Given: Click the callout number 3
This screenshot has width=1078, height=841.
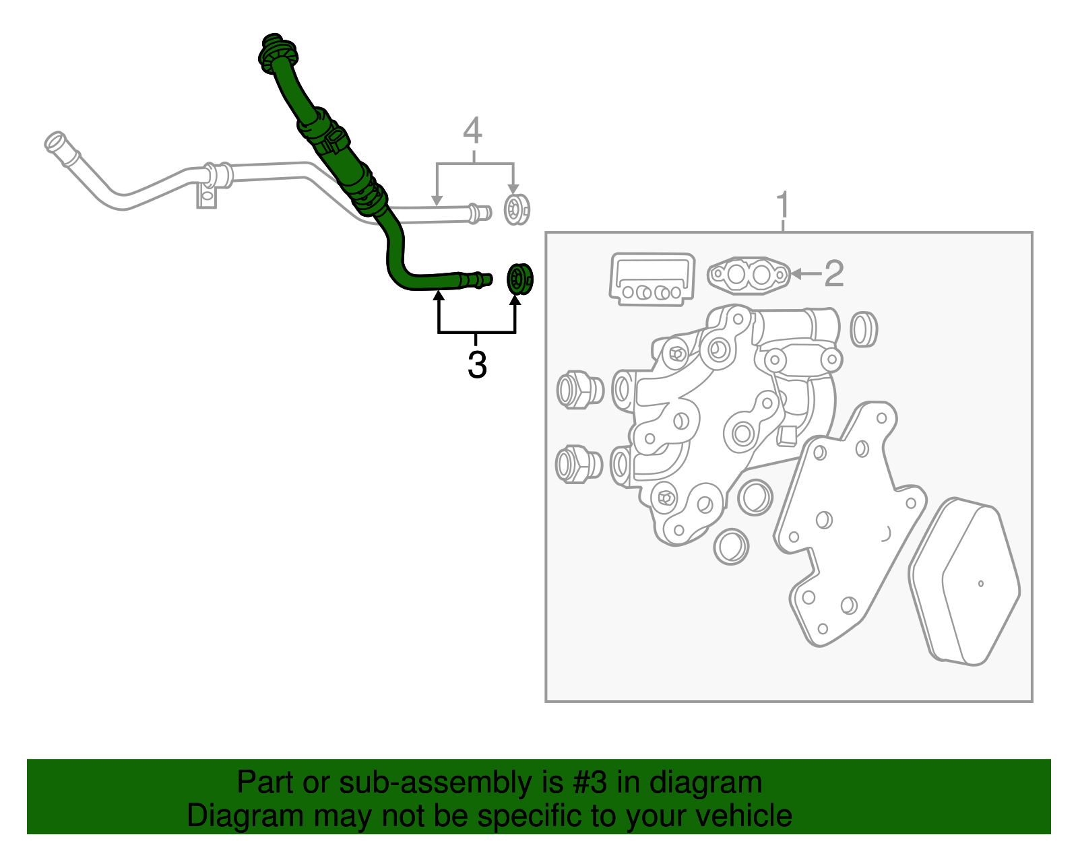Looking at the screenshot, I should point(477,366).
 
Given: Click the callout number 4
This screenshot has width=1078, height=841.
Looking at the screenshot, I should point(473,130).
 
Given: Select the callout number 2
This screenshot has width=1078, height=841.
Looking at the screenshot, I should point(834,273).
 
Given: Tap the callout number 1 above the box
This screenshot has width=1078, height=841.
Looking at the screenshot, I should point(783,205).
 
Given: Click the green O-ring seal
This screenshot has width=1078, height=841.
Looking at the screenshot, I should point(519,279).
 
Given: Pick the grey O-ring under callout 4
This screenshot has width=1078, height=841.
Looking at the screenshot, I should point(517,209).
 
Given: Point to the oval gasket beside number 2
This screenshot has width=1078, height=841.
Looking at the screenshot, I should point(748,275).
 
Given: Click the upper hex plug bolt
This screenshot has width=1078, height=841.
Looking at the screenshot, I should point(579,389).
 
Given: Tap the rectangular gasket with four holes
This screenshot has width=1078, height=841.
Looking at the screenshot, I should point(652,279).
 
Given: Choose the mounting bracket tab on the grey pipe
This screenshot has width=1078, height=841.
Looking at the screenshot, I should point(207,198).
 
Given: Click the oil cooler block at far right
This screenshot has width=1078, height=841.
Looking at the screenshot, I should point(965,582).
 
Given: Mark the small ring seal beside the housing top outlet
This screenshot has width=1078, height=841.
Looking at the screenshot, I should point(863,329).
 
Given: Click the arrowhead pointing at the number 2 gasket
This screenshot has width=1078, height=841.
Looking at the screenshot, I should point(796,273).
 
